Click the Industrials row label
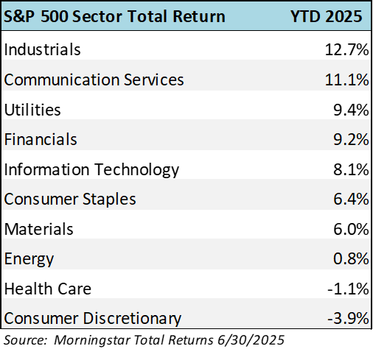[42, 49]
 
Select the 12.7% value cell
[346, 49]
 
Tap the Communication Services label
[94, 80]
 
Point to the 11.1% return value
[346, 80]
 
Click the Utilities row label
[32, 110]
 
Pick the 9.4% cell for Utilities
[351, 110]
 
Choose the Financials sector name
[41, 139]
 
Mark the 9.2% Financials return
[351, 140]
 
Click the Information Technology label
[91, 170]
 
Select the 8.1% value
[351, 169]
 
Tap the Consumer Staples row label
[70, 200]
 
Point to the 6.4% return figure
[351, 199]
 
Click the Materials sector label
[39, 229]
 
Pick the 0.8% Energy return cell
[351, 259]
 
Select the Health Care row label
[48, 289]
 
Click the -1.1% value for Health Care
[348, 289]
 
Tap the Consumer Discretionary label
[93, 319]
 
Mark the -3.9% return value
[348, 319]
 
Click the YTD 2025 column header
[327, 16]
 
